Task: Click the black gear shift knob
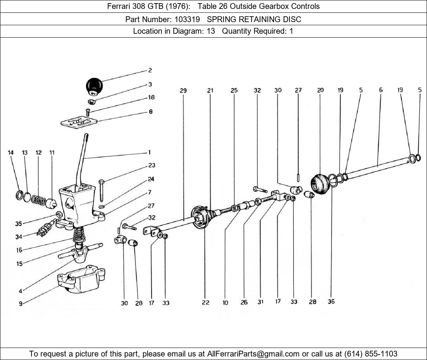pos(94,86)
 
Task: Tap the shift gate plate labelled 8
pos(79,121)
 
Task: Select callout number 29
pos(183,90)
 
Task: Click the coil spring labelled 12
pos(38,200)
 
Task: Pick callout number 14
pos(10,153)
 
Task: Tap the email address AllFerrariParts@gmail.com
pos(253,354)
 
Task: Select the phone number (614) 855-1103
pos(371,354)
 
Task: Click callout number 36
pos(331,301)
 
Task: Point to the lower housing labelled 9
pos(81,279)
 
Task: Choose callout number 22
pos(206,302)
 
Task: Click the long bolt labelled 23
pos(101,190)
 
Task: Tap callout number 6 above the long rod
pos(381,90)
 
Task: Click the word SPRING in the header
pos(222,19)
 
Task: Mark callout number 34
pos(19,237)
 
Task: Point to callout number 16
pos(19,250)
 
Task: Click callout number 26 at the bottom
pos(244,302)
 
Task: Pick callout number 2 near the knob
pos(150,71)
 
